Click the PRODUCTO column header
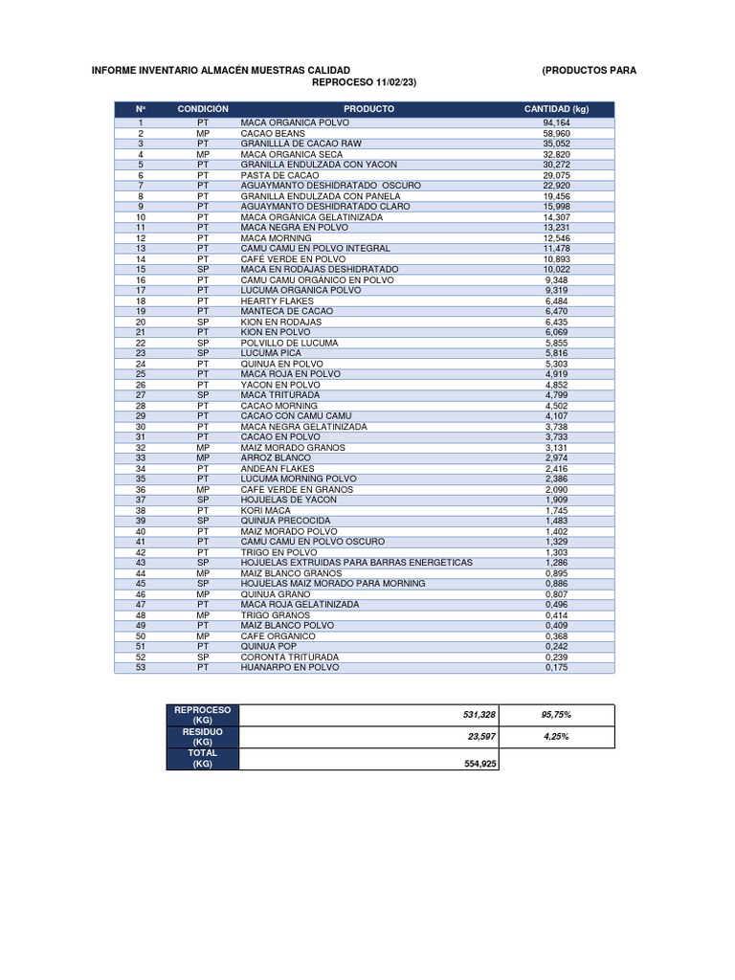click(368, 109)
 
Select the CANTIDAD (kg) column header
click(556, 109)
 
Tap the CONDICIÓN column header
click(203, 109)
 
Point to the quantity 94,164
click(556, 123)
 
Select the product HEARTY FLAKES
click(277, 301)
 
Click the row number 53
click(141, 667)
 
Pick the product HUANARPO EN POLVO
click(289, 667)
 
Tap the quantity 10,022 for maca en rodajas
click(556, 269)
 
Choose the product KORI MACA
click(266, 510)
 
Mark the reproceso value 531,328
click(476, 715)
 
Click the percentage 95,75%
click(557, 715)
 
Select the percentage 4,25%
click(557, 737)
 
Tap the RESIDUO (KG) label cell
click(203, 737)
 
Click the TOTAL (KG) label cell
click(203, 759)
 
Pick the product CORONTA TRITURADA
click(289, 657)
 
